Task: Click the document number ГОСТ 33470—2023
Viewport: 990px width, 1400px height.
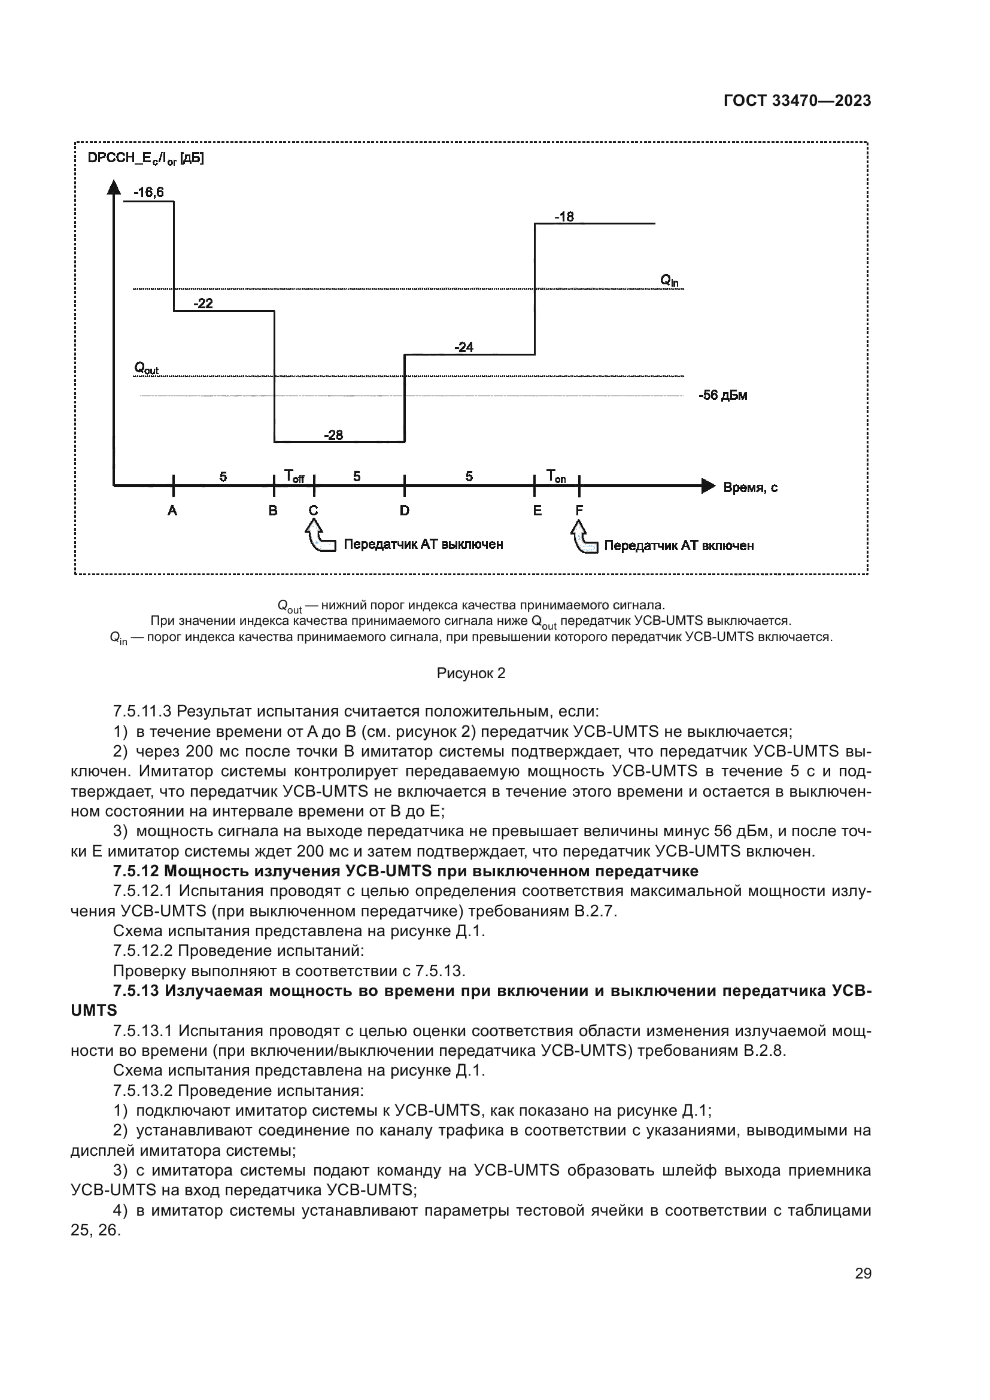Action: [797, 101]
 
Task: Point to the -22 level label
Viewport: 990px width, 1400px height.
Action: [203, 303]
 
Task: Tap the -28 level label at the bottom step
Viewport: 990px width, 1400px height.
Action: [333, 435]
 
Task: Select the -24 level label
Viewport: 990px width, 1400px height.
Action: [463, 347]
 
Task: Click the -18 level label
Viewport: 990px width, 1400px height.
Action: [564, 217]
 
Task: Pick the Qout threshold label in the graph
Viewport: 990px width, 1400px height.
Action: [146, 368]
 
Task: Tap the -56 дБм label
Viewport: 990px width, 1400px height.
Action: [722, 395]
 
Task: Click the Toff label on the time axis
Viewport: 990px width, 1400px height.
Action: [294, 476]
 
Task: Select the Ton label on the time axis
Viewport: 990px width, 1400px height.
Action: [555, 476]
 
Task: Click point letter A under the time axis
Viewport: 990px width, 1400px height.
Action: [172, 511]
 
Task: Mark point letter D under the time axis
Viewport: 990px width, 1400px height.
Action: [404, 511]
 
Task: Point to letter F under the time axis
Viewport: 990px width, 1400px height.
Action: [579, 511]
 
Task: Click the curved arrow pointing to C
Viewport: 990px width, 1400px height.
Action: [318, 536]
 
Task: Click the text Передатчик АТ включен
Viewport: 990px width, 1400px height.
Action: [679, 546]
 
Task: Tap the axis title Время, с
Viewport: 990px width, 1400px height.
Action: [750, 488]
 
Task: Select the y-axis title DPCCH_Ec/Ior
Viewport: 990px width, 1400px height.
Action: [145, 159]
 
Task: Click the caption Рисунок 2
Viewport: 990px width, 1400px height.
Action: [470, 673]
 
